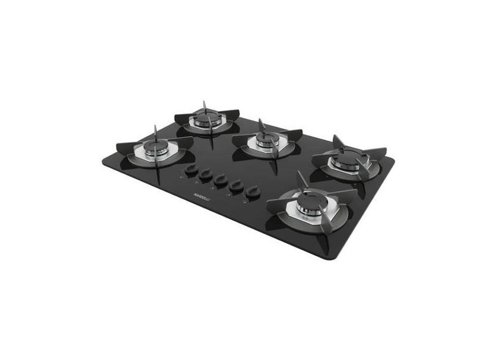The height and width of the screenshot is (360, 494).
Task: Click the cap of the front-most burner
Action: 309,204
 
